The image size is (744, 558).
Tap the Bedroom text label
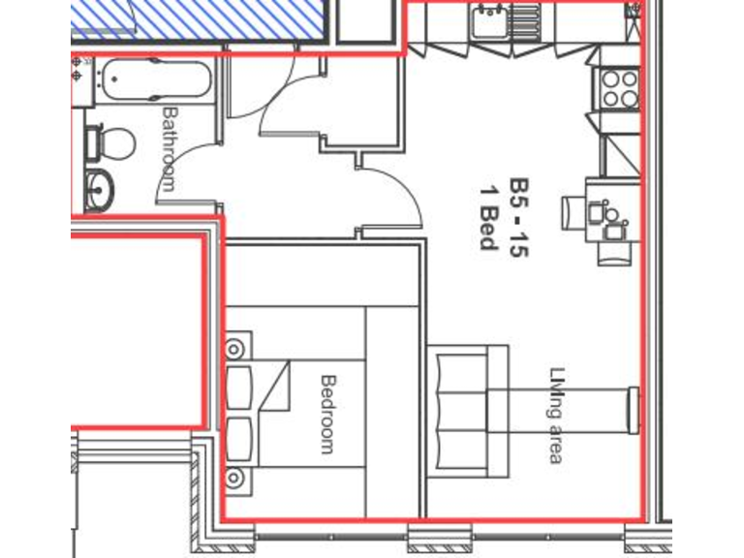326,414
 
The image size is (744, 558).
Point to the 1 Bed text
489,214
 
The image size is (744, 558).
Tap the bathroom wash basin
99,188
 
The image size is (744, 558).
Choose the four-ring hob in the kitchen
619,89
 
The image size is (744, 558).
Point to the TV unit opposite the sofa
634,408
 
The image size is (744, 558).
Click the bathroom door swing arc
184,174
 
